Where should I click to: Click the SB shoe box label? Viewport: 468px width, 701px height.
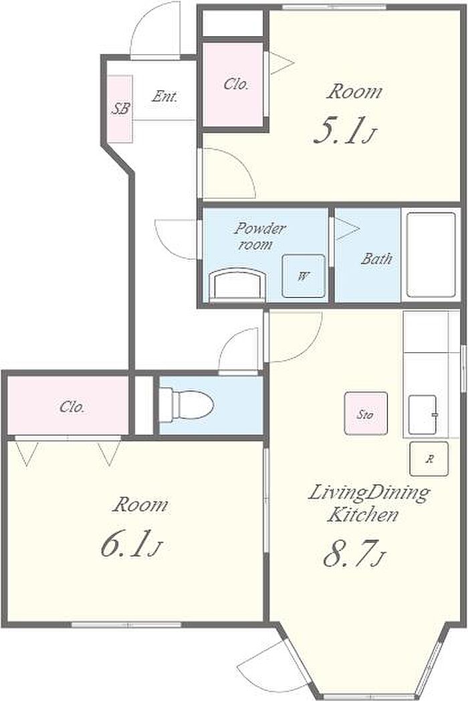120,108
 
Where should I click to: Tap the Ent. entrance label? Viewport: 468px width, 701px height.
164,96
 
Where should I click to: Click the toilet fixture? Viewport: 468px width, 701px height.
187,404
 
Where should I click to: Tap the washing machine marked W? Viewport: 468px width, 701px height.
304,276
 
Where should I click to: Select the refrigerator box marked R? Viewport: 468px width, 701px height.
429,459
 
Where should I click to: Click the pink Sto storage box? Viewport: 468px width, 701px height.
365,414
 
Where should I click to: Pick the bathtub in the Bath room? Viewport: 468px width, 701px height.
431,255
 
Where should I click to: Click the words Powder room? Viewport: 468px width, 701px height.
259,236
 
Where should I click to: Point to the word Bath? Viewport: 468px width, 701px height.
376,258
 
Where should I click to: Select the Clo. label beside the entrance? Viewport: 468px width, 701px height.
236,84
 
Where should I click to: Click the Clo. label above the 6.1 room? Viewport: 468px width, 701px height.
72,407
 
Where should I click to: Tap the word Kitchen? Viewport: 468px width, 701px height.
362,514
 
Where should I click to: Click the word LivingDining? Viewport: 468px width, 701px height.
369,493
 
